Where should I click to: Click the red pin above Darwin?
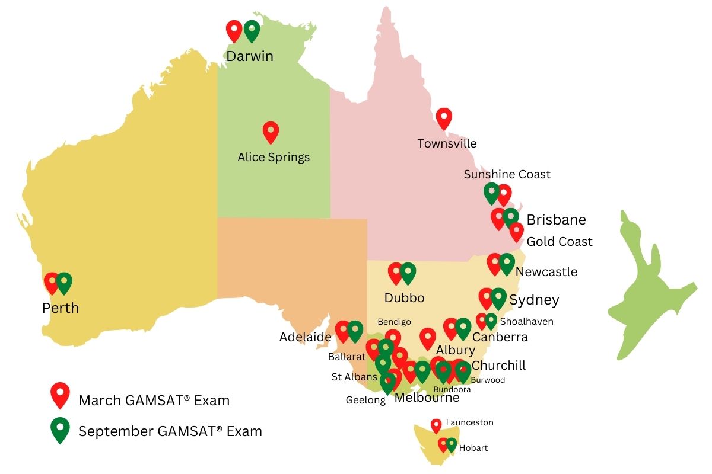tap(234, 30)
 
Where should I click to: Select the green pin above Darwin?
tap(252, 30)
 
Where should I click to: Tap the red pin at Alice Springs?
tap(271, 132)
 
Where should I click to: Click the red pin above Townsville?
tap(444, 118)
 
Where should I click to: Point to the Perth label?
tap(61, 308)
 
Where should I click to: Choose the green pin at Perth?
tap(64, 282)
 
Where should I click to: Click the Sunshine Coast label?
tap(507, 174)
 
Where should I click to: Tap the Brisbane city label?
tap(556, 220)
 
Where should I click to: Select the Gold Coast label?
tap(560, 242)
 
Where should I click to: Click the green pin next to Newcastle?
tap(507, 263)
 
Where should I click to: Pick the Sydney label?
tap(534, 300)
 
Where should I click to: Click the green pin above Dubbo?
tap(408, 273)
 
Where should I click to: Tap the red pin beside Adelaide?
tap(342, 331)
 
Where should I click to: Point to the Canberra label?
tap(500, 337)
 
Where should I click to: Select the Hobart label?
tap(473, 448)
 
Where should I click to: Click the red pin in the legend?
tap(60, 394)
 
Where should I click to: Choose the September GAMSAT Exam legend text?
tap(170, 431)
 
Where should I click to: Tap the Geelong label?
tap(365, 401)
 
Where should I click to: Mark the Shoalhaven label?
tap(526, 321)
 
